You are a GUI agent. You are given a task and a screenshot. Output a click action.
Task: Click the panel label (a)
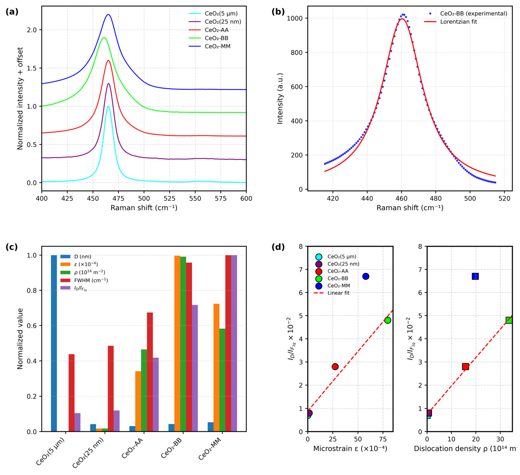[x=12, y=12]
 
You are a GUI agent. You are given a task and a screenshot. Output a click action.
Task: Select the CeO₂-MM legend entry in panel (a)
[x=209, y=46]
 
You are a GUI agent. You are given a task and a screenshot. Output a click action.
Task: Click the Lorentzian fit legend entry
[x=451, y=22]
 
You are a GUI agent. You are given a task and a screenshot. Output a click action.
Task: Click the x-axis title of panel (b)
[x=410, y=208]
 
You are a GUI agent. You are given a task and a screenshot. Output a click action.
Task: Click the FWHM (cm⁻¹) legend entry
[x=84, y=280]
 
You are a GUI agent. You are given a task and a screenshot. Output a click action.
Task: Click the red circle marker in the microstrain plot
[x=335, y=367]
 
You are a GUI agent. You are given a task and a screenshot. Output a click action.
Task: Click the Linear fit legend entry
[x=332, y=293]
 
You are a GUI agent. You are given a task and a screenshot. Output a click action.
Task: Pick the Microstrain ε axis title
[x=350, y=449]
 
